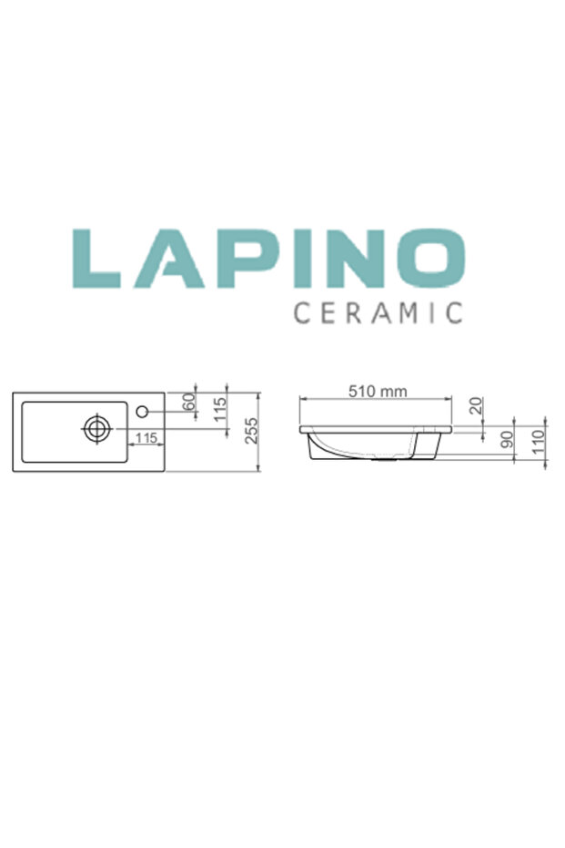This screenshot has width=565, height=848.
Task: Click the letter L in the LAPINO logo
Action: (94, 260)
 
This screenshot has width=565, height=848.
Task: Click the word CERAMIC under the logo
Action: (377, 312)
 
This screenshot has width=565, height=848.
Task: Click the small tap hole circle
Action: (142, 412)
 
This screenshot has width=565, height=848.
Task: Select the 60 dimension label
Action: (190, 401)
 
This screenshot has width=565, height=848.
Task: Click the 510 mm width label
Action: (378, 391)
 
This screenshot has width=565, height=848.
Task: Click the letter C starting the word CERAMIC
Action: (300, 312)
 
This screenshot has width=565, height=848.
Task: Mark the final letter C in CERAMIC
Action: (454, 312)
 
